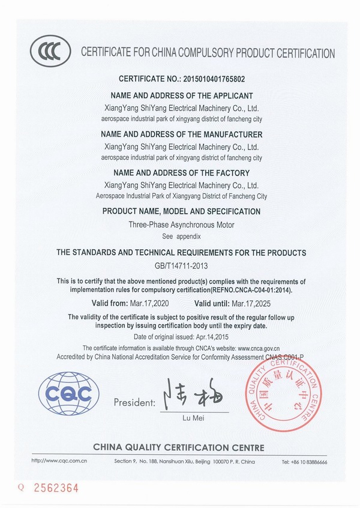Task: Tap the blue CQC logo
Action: pyautogui.click(x=65, y=395)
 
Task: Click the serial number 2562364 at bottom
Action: pyautogui.click(x=58, y=488)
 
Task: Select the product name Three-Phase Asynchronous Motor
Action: pyautogui.click(x=181, y=225)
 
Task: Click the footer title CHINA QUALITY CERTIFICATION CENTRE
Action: pyautogui.click(x=178, y=447)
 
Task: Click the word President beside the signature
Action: pyautogui.click(x=133, y=401)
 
